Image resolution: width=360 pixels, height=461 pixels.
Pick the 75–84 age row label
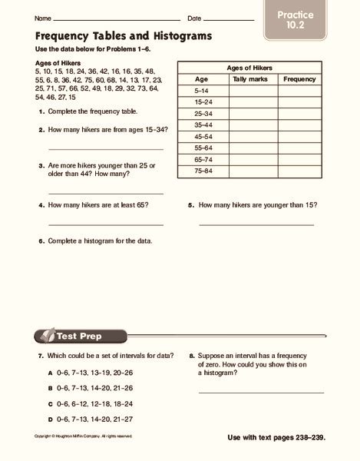coord(203,170)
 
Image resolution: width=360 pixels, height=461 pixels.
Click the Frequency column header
coord(299,78)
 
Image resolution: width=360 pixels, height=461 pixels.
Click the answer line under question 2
coord(105,149)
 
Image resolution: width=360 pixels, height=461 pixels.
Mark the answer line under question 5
coord(256,224)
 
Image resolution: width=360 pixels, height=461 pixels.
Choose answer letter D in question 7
coord(49,418)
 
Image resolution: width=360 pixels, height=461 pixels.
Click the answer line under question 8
coord(260,393)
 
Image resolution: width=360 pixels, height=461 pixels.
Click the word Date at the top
coord(194,17)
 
